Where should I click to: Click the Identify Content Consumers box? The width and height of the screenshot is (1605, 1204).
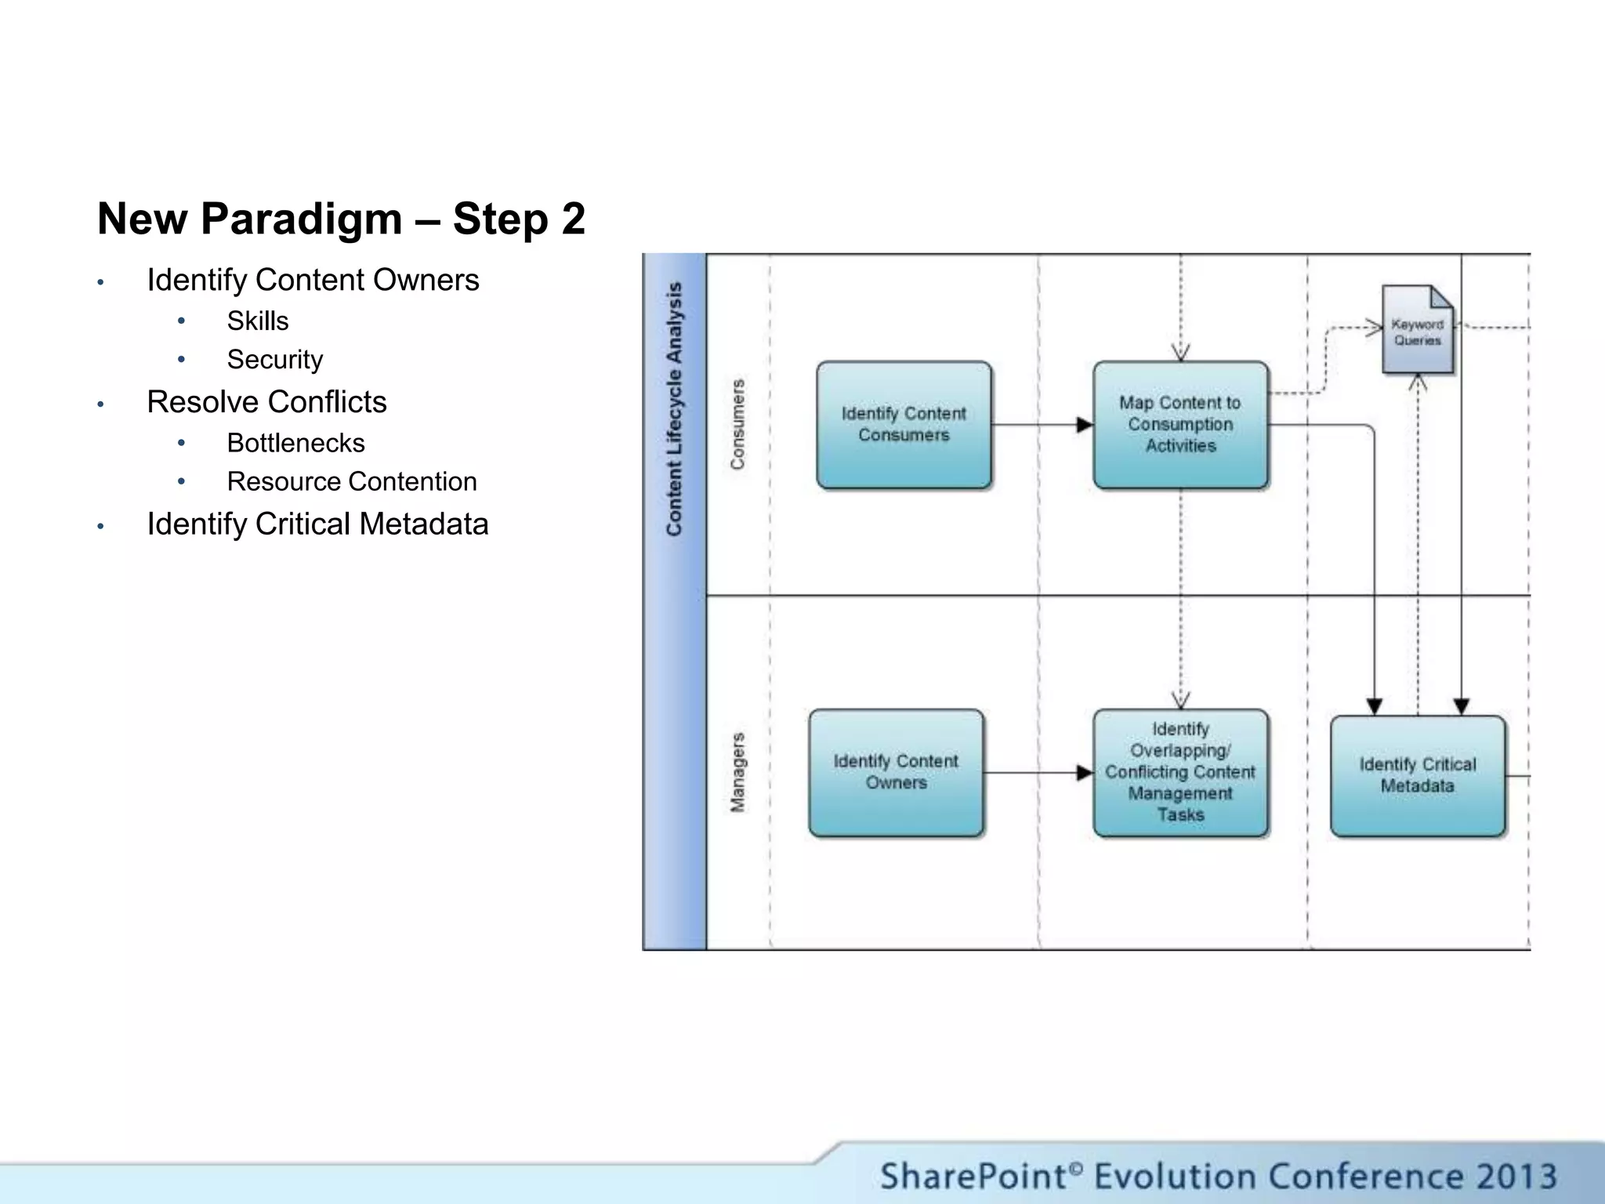(904, 425)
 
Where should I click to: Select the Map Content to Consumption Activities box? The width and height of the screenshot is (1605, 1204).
(1180, 425)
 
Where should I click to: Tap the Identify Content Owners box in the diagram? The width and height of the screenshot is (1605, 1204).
(896, 773)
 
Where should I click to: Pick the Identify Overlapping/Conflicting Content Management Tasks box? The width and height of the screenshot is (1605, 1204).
(1180, 773)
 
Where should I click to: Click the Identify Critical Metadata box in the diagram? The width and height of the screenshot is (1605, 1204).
(1417, 776)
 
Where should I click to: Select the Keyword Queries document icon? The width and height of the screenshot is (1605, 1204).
(1417, 330)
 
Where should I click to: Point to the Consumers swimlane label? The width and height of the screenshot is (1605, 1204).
(737, 425)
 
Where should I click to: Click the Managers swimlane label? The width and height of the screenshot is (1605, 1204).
(737, 773)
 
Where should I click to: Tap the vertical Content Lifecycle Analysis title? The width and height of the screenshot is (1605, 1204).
(674, 409)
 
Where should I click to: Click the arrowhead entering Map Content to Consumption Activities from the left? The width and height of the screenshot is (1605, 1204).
(1085, 425)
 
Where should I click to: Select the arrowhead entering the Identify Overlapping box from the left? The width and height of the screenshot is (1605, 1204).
(1085, 773)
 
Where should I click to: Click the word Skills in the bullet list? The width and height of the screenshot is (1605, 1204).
(258, 321)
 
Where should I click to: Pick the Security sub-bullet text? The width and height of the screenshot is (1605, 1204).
(275, 360)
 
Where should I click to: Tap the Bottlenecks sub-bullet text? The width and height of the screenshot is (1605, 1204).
(295, 444)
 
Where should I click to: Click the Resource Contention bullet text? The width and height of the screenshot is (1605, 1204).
(352, 482)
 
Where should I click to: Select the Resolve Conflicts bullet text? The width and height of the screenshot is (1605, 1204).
(266, 402)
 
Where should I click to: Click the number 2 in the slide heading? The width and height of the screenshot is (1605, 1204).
(573, 219)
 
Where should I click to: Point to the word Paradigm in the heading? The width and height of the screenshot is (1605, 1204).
(302, 219)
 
